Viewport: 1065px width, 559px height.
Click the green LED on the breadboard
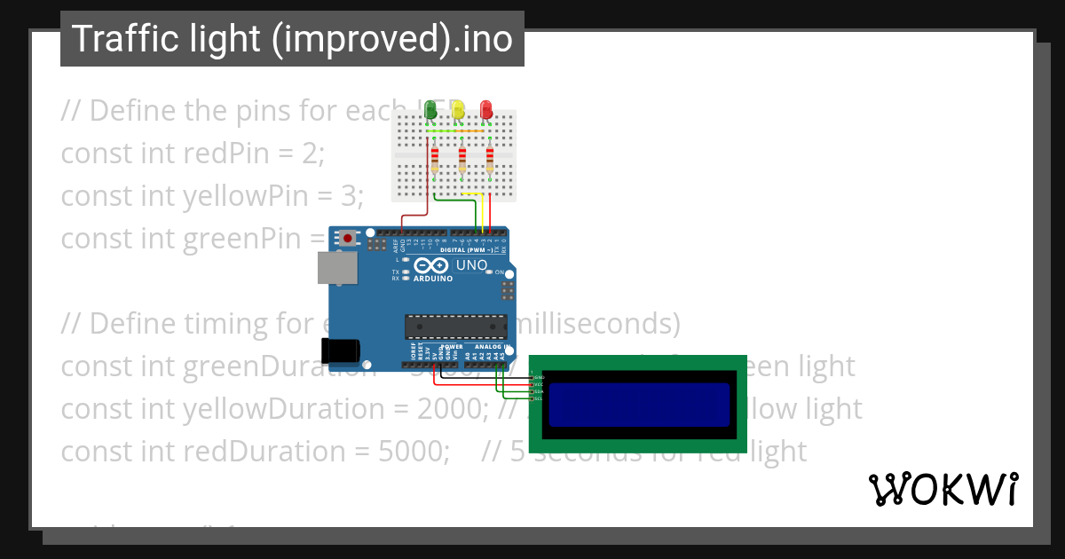tap(430, 110)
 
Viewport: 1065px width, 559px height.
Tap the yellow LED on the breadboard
tap(458, 110)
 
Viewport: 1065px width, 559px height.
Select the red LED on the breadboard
tap(486, 110)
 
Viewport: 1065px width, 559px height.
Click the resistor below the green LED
tap(435, 161)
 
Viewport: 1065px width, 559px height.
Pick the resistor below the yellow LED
tap(462, 161)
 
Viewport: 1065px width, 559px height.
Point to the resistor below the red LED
tap(490, 161)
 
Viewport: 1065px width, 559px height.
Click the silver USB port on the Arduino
tap(337, 268)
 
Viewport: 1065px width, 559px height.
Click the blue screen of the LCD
tap(639, 404)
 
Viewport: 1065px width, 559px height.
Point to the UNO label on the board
tap(471, 265)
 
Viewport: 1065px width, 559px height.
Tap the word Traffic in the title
tap(114, 39)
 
